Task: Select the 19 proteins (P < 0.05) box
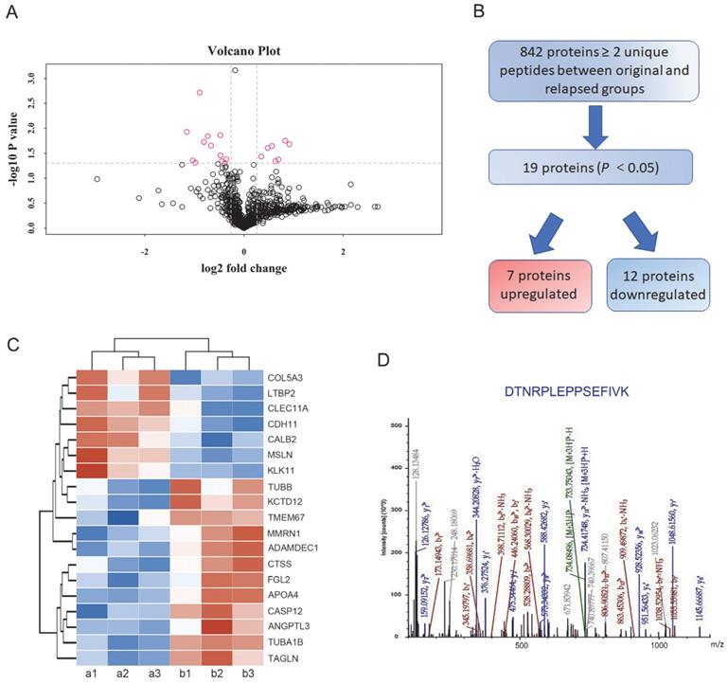(x=595, y=172)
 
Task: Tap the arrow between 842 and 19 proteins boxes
(x=595, y=130)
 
